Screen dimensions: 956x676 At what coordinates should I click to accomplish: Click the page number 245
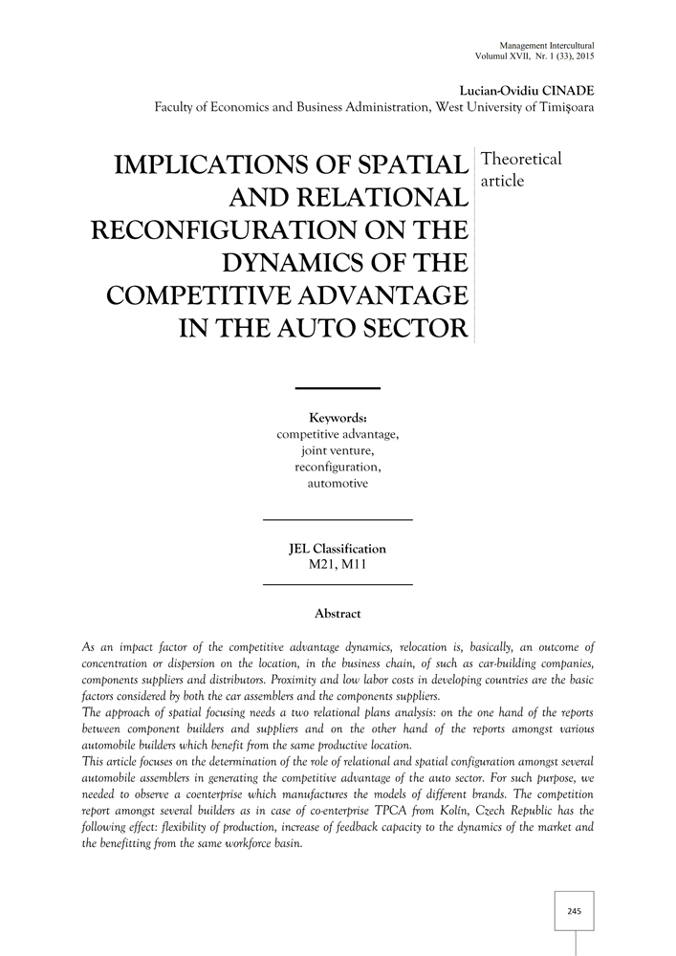[575, 911]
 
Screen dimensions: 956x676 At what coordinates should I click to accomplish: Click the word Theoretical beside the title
[524, 160]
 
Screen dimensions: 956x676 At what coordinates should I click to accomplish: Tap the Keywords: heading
[338, 418]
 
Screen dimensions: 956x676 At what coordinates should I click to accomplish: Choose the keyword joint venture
[338, 451]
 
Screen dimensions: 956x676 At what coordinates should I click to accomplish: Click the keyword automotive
[338, 485]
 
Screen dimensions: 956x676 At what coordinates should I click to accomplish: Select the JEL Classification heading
[337, 549]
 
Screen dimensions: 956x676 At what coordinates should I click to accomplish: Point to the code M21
[320, 566]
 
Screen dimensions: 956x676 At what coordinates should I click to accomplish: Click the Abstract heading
[338, 613]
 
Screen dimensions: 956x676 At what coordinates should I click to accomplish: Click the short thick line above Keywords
[338, 387]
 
